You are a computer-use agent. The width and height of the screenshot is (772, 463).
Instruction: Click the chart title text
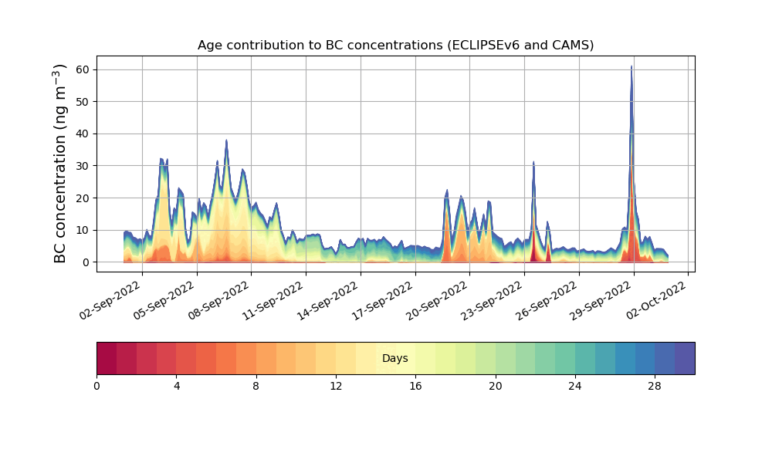pos(395,45)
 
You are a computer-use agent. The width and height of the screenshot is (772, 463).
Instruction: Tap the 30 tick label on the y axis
pos(81,166)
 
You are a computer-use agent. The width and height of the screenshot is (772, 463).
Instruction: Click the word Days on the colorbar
pos(395,358)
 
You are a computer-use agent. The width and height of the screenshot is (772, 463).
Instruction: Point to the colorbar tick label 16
pos(415,386)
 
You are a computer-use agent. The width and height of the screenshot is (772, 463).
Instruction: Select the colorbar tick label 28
pos(655,386)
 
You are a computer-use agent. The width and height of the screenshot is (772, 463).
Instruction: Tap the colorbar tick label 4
pos(176,386)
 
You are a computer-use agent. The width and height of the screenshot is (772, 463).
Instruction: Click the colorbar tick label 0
pos(96,386)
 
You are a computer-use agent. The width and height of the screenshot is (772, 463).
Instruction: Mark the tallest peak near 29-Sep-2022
pos(631,67)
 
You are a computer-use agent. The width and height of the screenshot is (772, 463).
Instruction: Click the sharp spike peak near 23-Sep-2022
pos(533,162)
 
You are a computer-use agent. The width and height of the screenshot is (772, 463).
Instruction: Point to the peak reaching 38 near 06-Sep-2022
pos(226,140)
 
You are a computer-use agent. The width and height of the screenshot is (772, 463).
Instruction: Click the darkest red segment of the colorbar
pos(107,358)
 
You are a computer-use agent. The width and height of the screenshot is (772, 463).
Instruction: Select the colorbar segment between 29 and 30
pos(685,358)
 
